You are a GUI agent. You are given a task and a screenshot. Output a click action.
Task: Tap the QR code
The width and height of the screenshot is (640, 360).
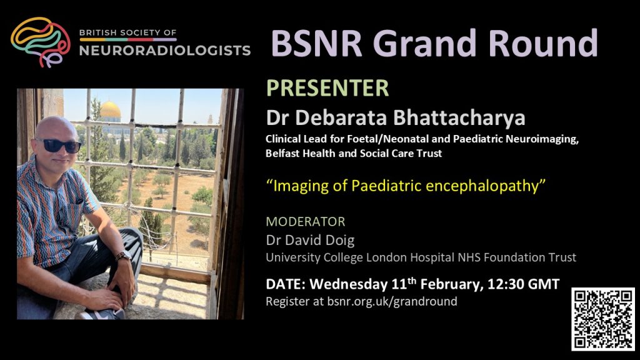pyautogui.click(x=603, y=319)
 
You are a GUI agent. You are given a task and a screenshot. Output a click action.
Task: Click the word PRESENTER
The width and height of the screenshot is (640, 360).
pyautogui.click(x=327, y=88)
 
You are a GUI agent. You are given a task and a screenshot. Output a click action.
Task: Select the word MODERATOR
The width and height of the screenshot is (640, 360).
pyautogui.click(x=305, y=222)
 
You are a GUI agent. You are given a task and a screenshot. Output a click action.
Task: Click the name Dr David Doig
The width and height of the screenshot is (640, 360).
pyautogui.click(x=310, y=240)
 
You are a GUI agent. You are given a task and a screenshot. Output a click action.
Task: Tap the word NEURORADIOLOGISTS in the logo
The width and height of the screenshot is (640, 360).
pyautogui.click(x=165, y=51)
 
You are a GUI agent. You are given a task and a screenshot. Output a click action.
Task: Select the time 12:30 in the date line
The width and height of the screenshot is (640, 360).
pyautogui.click(x=504, y=284)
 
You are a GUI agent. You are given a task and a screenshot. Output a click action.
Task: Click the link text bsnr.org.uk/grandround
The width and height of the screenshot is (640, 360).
pyautogui.click(x=392, y=302)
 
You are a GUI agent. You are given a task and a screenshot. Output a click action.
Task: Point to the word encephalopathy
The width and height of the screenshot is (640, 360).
pyautogui.click(x=482, y=186)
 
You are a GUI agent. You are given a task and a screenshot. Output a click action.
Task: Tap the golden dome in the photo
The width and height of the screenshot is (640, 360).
pyautogui.click(x=110, y=110)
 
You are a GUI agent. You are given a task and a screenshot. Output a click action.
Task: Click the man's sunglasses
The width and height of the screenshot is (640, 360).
pyautogui.click(x=59, y=146)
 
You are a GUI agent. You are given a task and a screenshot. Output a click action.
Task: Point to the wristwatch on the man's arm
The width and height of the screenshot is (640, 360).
pyautogui.click(x=123, y=256)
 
